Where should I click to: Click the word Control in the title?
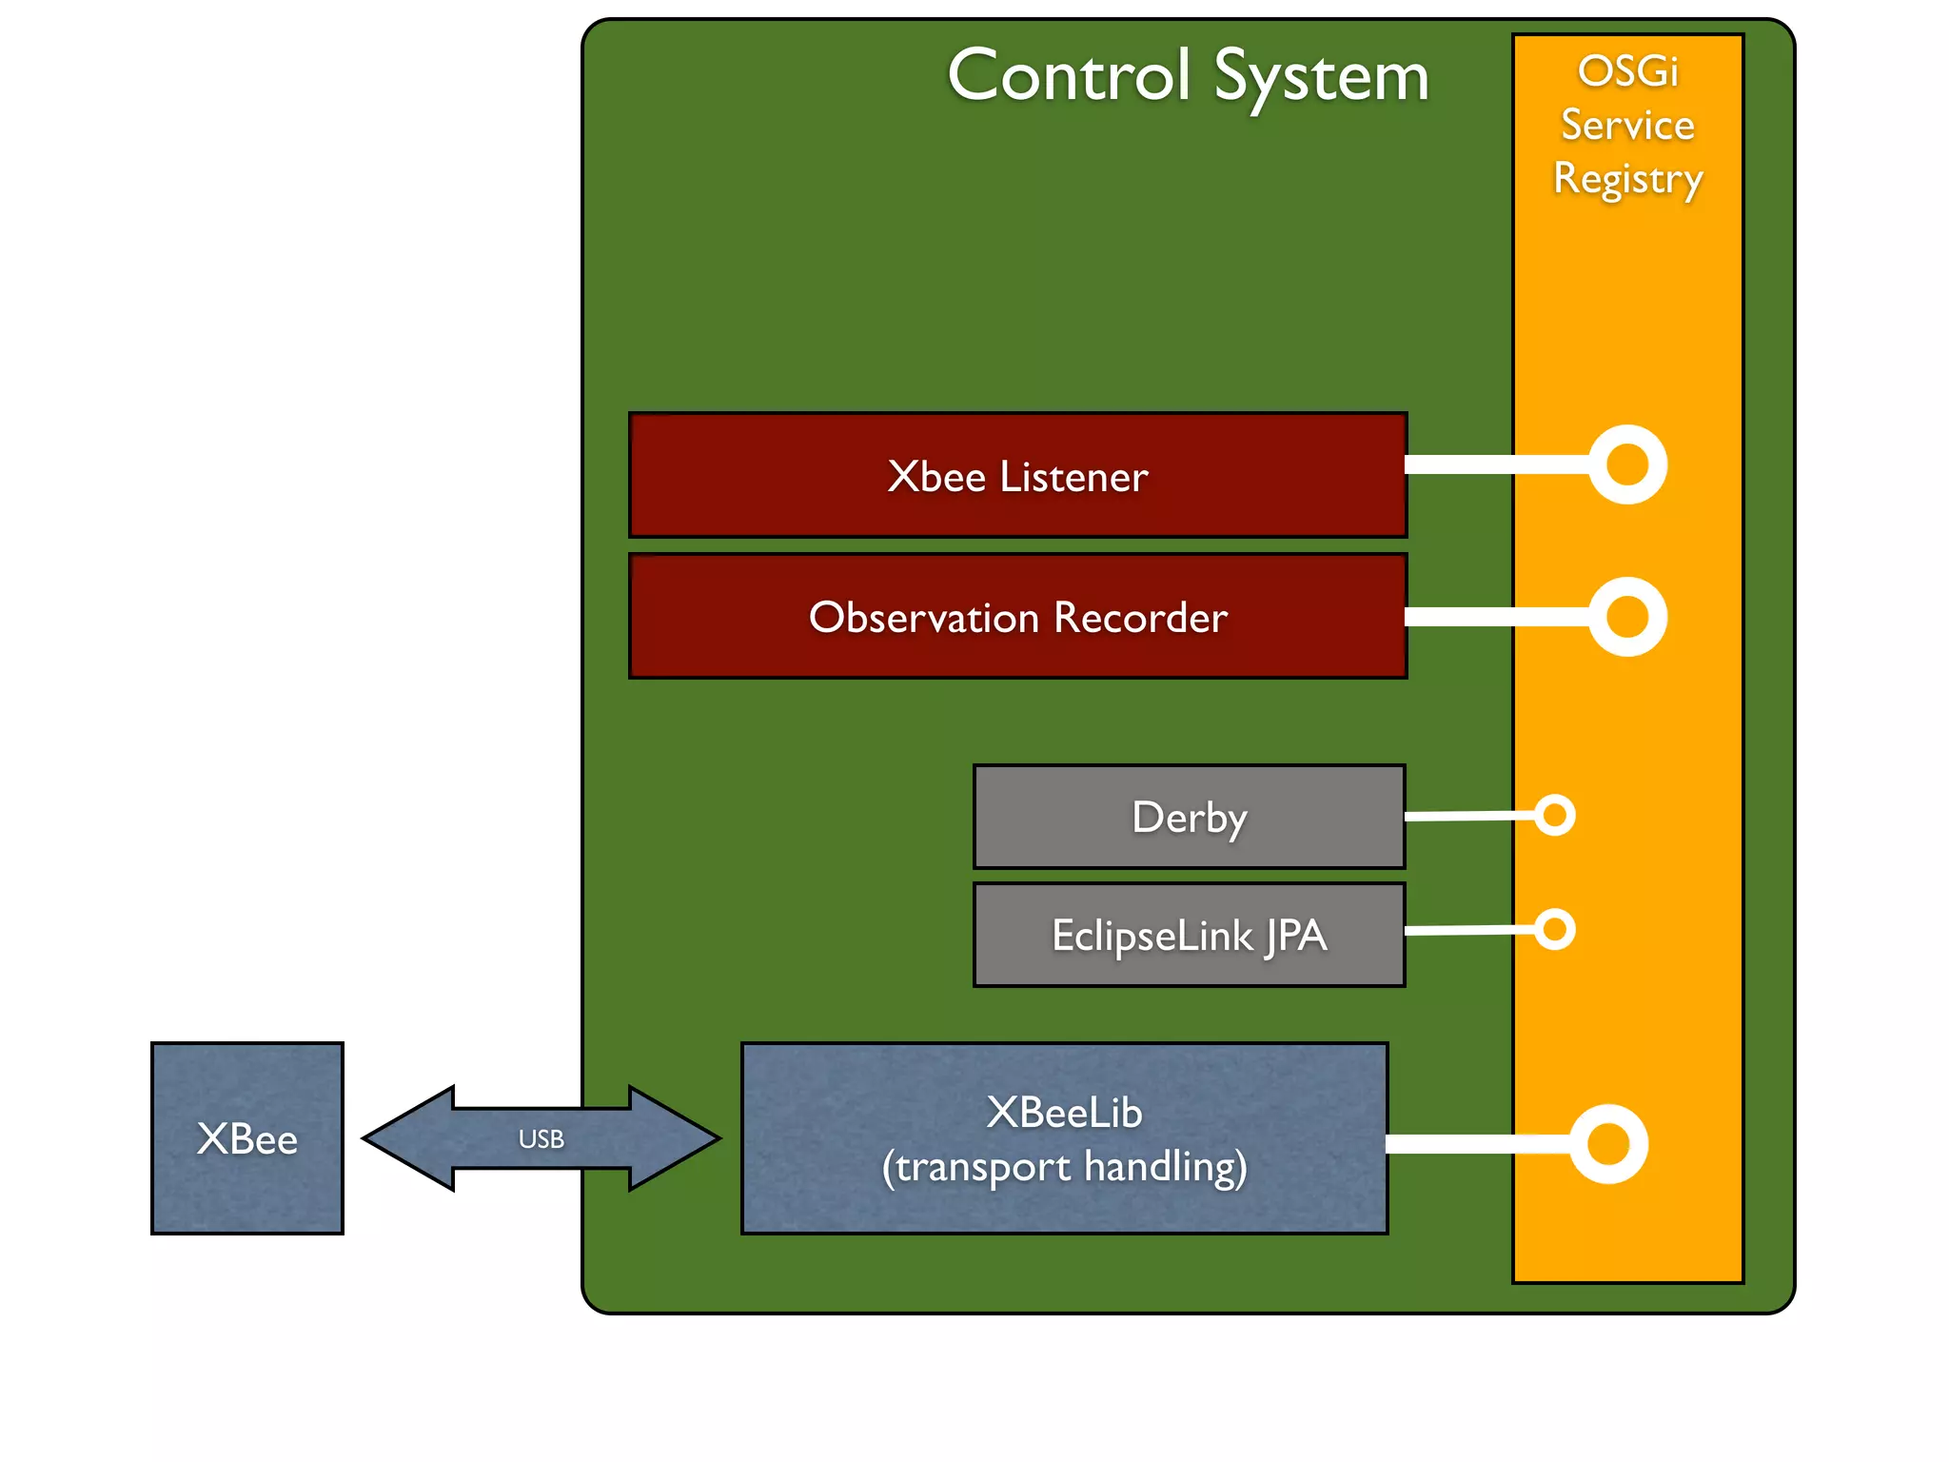[x=1069, y=76]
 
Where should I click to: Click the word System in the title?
[x=1322, y=78]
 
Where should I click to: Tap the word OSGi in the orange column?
[x=1627, y=71]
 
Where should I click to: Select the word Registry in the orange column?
[x=1627, y=179]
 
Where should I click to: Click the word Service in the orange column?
[x=1627, y=125]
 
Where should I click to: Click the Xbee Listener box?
[x=1017, y=475]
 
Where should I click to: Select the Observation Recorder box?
[x=1017, y=617]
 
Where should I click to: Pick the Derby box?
[x=1189, y=817]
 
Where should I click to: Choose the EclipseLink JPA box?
[x=1189, y=935]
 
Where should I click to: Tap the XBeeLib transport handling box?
[x=1064, y=1138]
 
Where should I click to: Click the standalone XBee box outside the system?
[x=247, y=1138]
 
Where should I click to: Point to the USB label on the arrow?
[x=541, y=1138]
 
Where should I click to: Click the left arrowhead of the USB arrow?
[x=404, y=1138]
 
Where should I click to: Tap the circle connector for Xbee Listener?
[x=1627, y=464]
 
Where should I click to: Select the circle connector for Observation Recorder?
[x=1627, y=617]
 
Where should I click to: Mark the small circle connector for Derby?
[x=1555, y=815]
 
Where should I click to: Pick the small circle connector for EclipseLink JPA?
[x=1555, y=929]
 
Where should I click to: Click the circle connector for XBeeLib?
[x=1608, y=1144]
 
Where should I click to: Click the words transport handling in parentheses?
[x=1064, y=1167]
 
